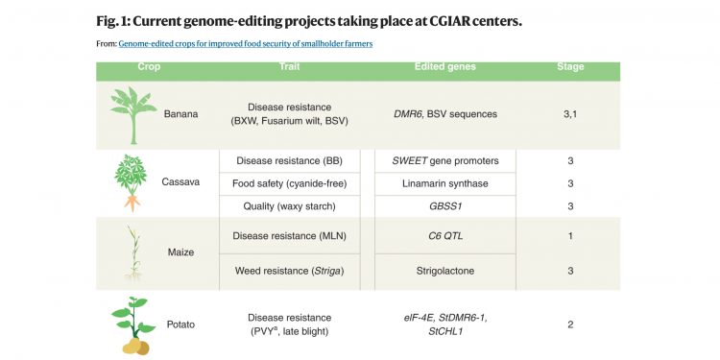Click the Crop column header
[x=150, y=67]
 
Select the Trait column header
[x=289, y=67]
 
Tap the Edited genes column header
[x=445, y=67]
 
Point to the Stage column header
[x=569, y=67]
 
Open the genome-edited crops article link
[x=246, y=44]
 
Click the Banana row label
[x=180, y=114]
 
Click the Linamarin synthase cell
[x=445, y=182]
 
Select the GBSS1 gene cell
[x=445, y=204]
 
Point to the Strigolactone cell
[x=445, y=272]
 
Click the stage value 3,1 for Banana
[x=570, y=114]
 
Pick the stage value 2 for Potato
[x=570, y=324]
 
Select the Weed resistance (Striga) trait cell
[x=289, y=272]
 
